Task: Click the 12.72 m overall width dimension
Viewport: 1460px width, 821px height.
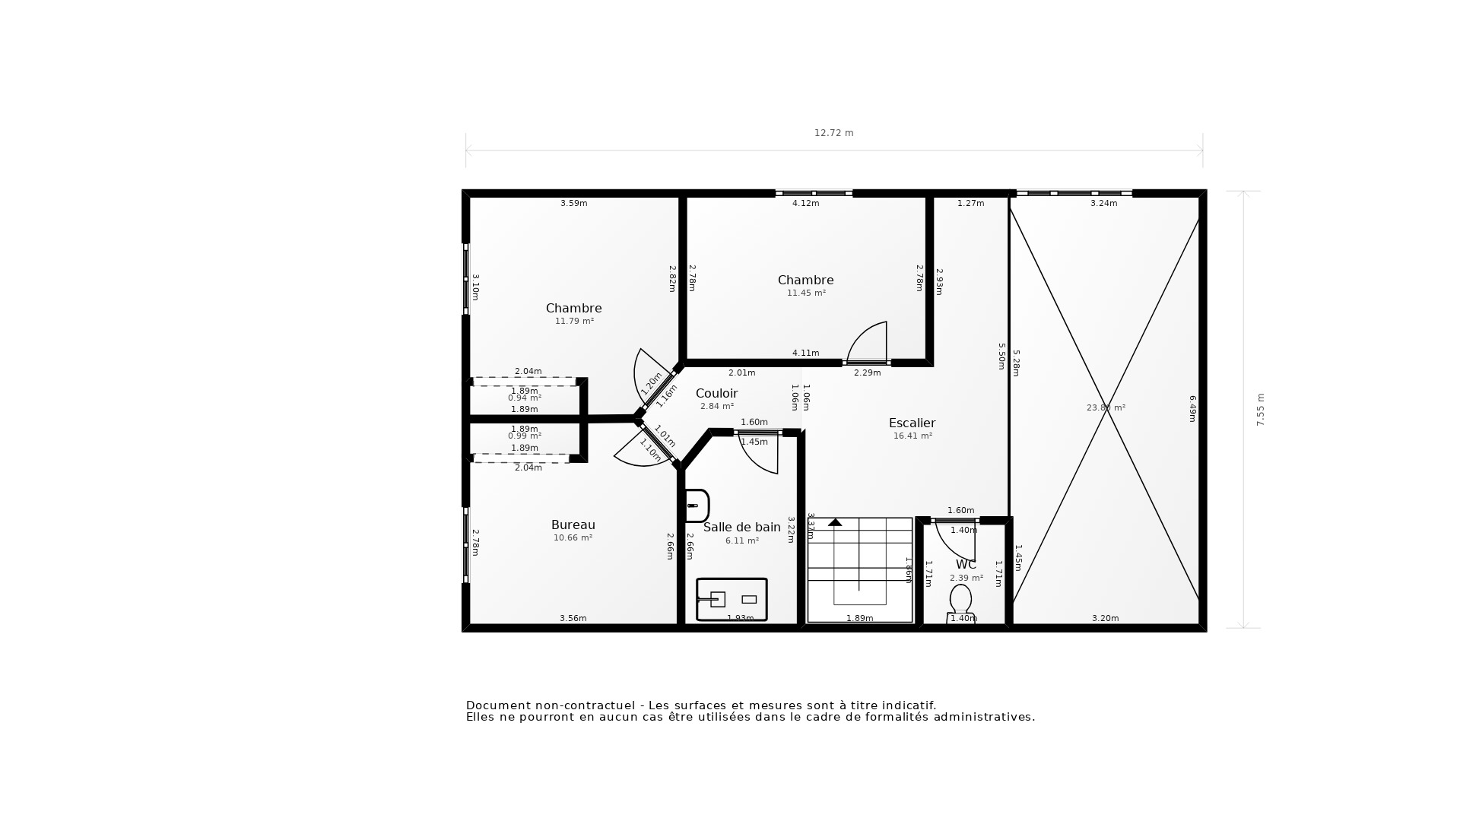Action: (833, 133)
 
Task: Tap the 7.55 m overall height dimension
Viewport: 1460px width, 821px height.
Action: (1260, 409)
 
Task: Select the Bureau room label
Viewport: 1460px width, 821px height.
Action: (573, 525)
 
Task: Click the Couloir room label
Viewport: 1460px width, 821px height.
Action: (716, 394)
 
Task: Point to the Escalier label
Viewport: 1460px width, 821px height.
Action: (912, 423)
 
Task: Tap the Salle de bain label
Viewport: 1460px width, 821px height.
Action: (741, 528)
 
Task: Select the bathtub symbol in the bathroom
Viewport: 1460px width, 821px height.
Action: (732, 600)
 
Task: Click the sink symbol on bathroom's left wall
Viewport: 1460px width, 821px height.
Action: (697, 506)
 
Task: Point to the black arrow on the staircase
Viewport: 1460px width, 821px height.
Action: (835, 522)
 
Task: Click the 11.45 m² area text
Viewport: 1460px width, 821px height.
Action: (806, 293)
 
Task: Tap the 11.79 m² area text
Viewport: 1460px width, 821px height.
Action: (574, 322)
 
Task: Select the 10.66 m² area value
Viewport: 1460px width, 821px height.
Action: (573, 538)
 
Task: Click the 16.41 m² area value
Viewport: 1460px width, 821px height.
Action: (912, 436)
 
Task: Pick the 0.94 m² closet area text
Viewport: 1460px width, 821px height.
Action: (525, 398)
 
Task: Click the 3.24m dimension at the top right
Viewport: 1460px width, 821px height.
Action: (1103, 204)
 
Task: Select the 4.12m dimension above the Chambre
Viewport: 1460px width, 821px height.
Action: (805, 204)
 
